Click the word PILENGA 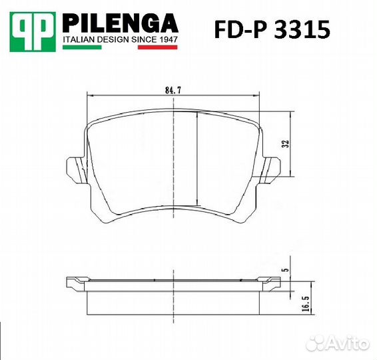[120, 24]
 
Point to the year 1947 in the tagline [166, 41]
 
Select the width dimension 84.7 [174, 86]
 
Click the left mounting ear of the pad [74, 167]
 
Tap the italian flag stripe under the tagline [120, 48]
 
